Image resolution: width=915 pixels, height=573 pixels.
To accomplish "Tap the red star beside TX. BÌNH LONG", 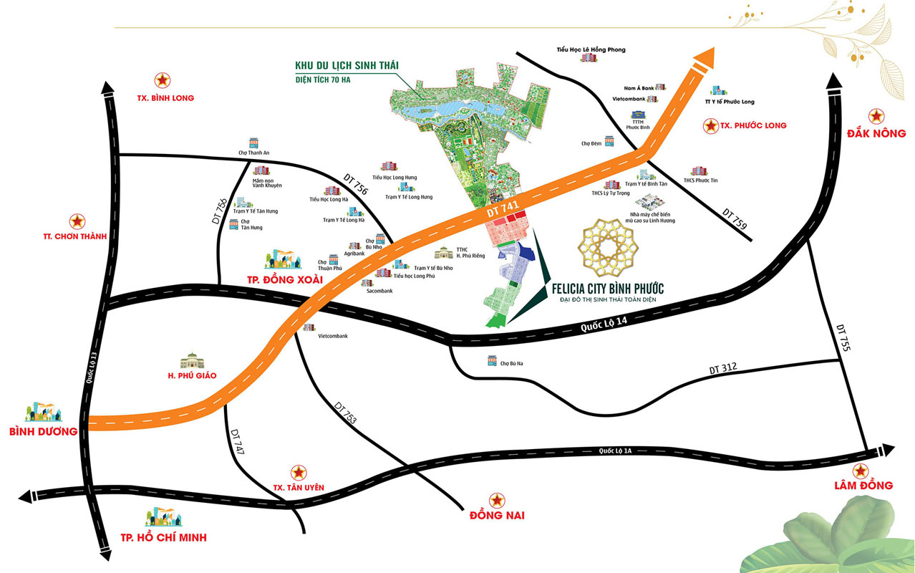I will click(163, 80).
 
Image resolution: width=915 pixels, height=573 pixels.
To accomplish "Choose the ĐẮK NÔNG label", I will click(876, 133).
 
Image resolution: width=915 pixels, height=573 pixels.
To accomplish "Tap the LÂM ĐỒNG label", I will click(863, 485).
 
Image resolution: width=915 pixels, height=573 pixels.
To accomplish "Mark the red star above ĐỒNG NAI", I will click(496, 499).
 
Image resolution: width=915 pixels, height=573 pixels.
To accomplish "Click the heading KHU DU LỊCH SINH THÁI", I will click(347, 66).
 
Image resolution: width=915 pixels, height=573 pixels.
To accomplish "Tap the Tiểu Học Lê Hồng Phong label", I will click(591, 49).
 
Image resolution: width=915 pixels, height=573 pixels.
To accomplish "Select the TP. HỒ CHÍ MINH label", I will click(158, 537).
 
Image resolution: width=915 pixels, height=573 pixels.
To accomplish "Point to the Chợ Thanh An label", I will click(253, 153).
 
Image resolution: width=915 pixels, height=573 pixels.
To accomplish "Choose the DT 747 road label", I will click(238, 444).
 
